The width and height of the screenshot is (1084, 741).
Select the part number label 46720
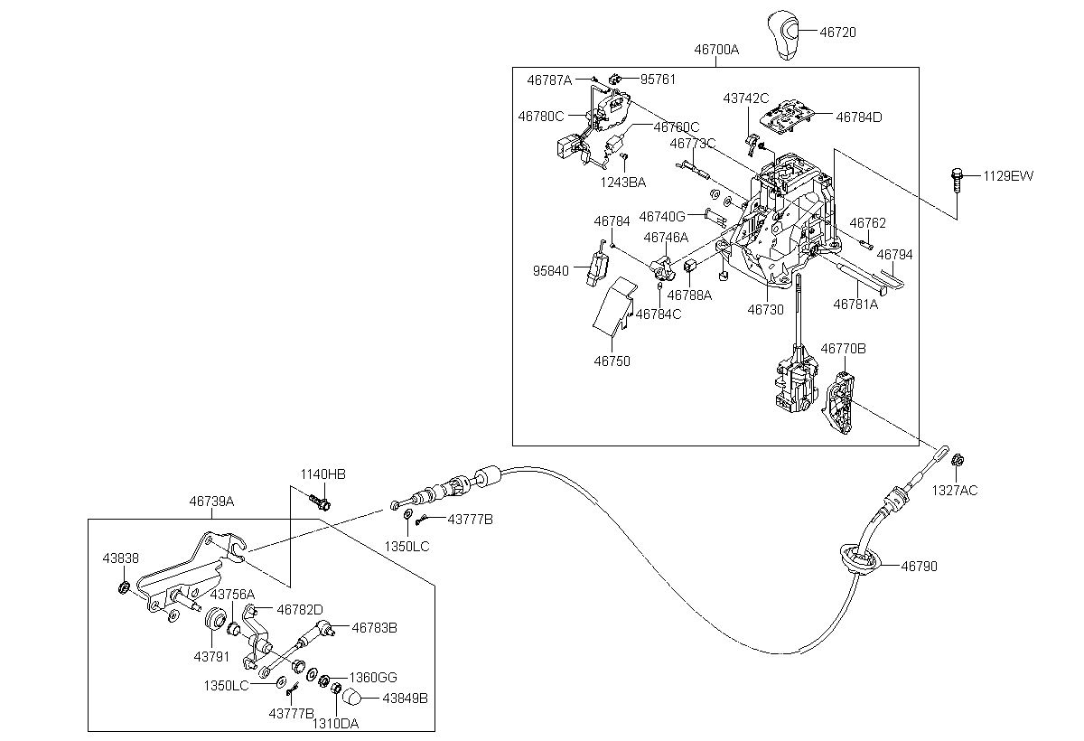coord(837,32)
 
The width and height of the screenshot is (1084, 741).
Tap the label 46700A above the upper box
coord(716,50)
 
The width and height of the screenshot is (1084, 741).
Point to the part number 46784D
coord(858,117)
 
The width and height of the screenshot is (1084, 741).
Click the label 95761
coord(658,80)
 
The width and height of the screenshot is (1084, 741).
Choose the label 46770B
coord(843,348)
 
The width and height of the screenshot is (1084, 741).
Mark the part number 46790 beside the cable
coord(919,567)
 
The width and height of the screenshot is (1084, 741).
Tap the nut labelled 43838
coord(124,590)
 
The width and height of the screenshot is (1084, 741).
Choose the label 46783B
coord(374,626)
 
